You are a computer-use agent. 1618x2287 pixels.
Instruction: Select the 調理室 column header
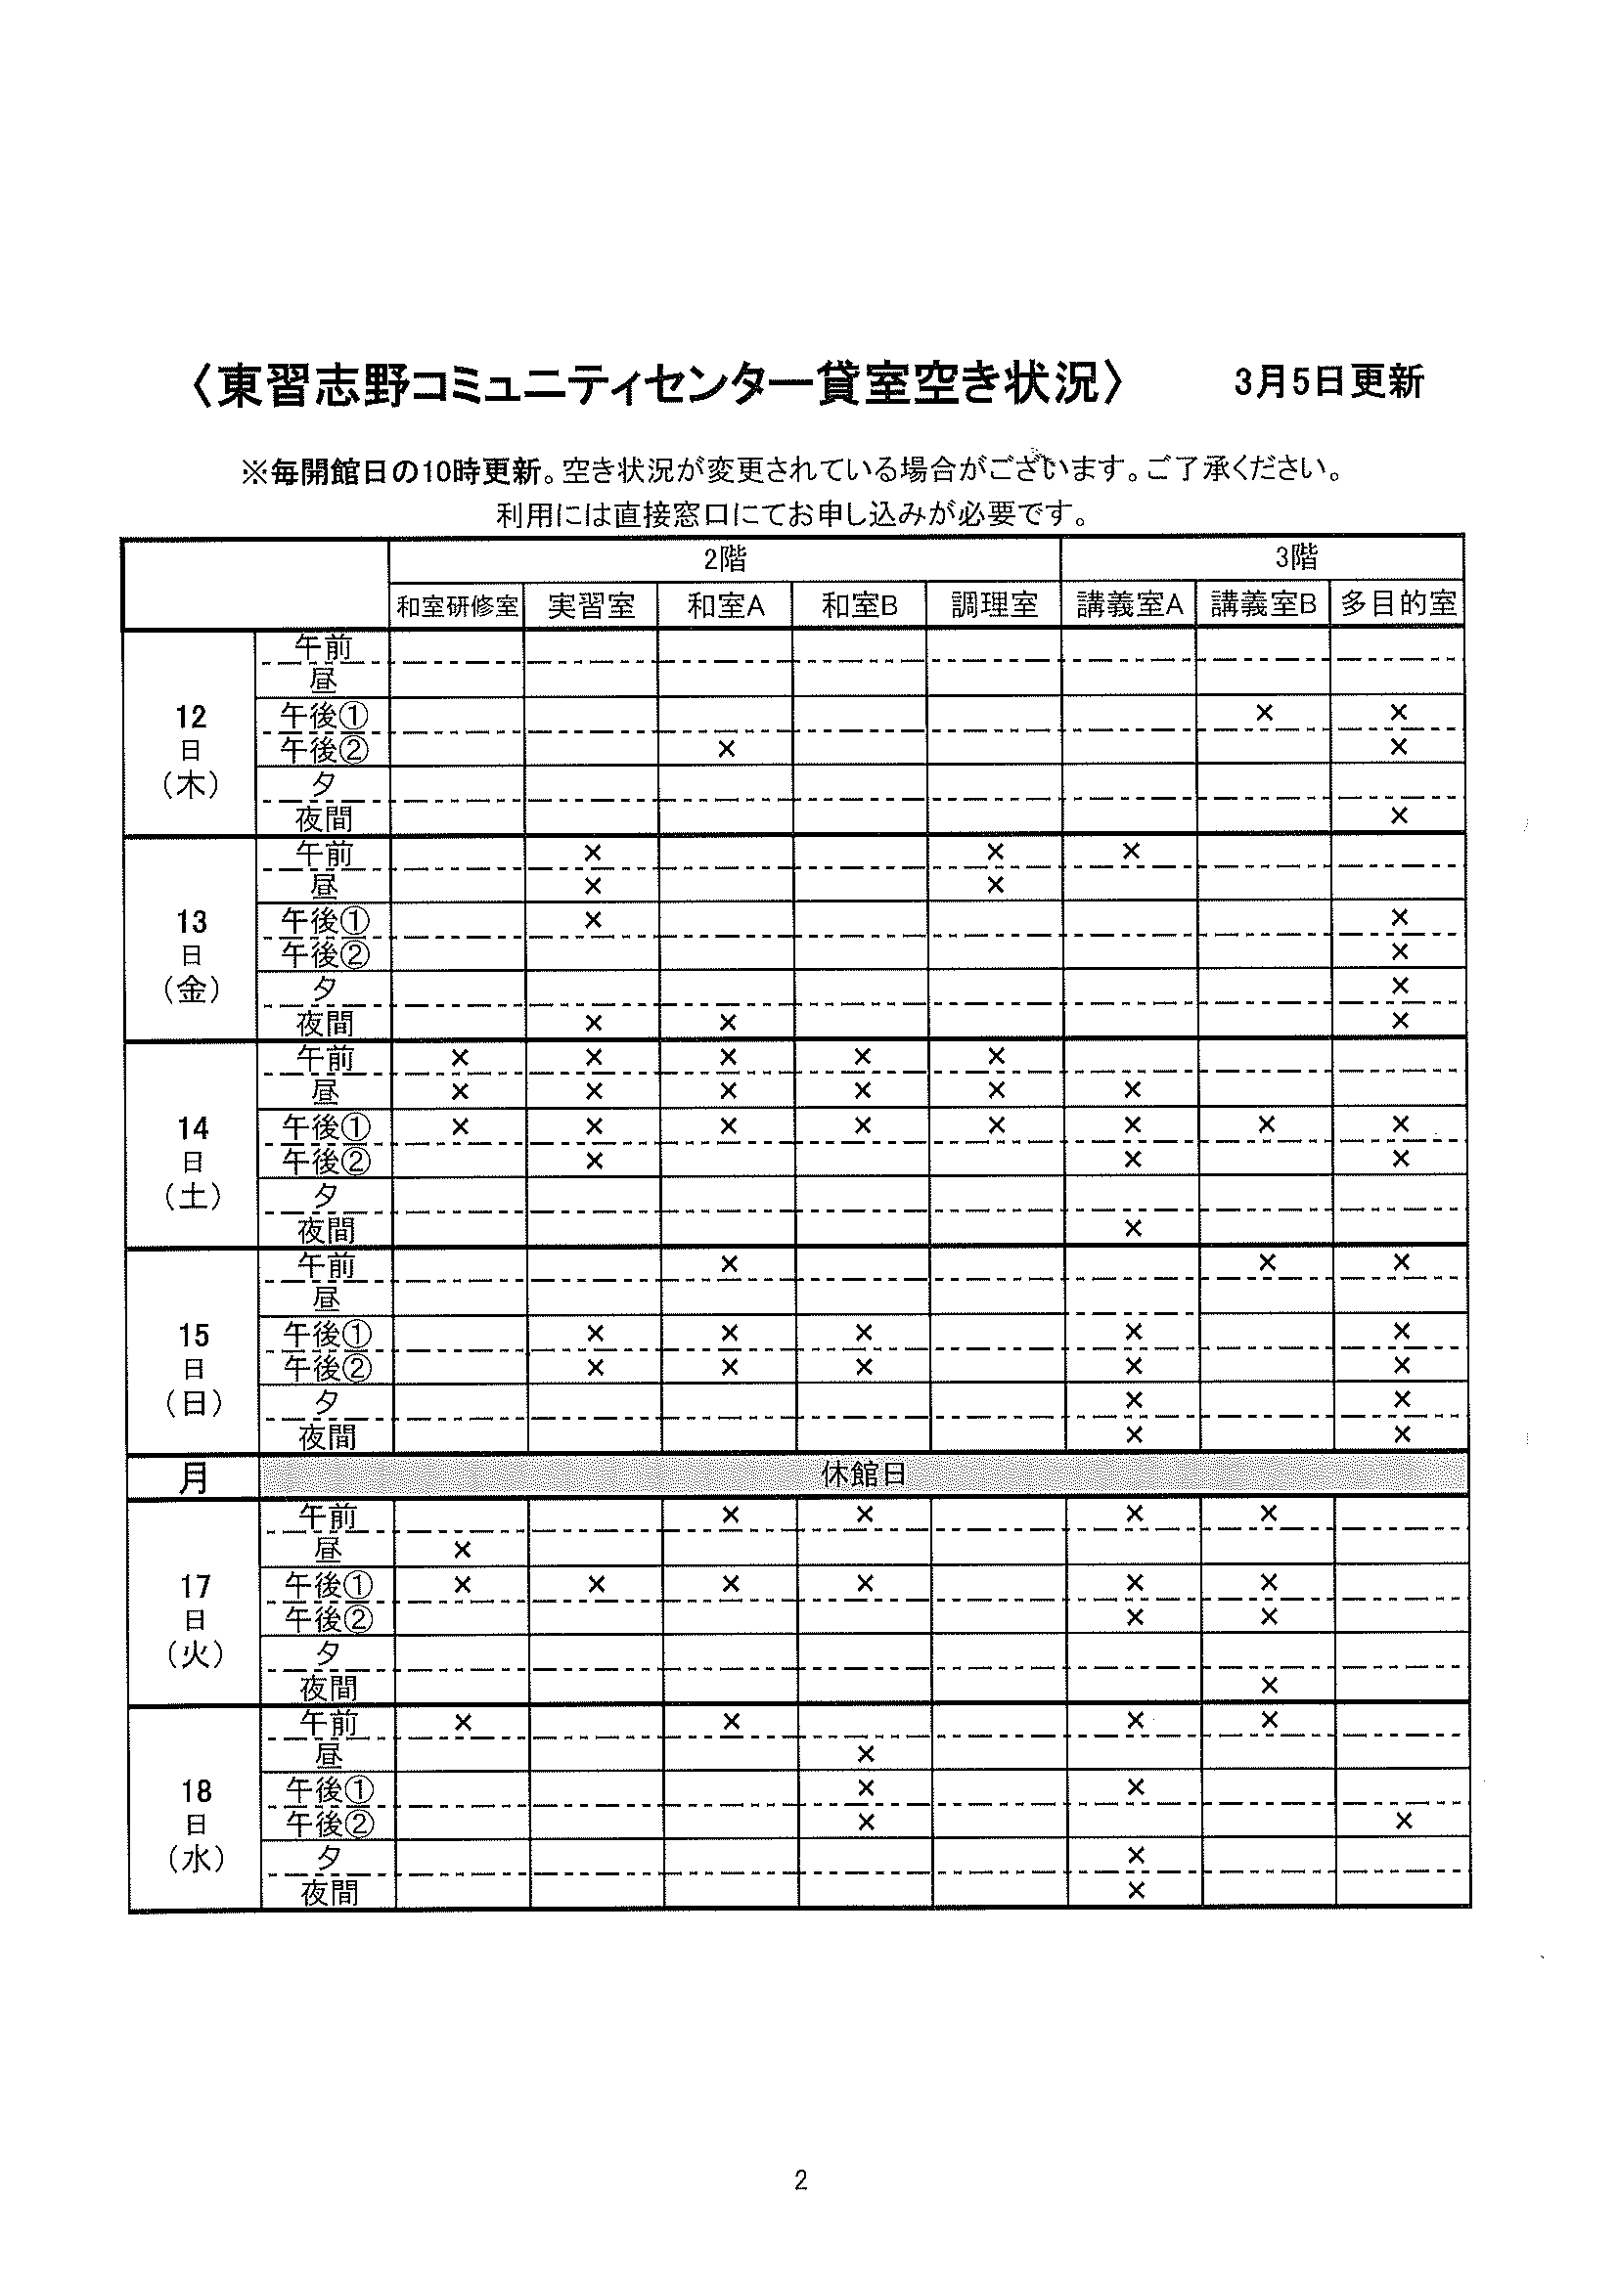tap(993, 604)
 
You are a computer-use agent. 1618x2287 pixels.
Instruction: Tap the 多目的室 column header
tap(1398, 602)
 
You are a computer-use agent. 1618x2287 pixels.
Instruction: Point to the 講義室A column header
tap(1129, 604)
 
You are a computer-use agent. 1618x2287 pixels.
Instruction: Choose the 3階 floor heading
tap(1295, 557)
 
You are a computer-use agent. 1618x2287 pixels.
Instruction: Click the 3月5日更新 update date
tap(1328, 382)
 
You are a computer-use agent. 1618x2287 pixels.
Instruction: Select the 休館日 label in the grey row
tap(863, 1474)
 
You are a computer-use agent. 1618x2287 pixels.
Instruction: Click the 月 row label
tap(194, 1477)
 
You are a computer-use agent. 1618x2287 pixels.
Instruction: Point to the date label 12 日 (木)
tap(191, 750)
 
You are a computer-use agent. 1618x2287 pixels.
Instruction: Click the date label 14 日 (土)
tap(194, 1162)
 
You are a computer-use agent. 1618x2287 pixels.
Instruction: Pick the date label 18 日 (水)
tap(197, 1824)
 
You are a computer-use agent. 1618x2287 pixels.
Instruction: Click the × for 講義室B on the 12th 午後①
tap(1264, 712)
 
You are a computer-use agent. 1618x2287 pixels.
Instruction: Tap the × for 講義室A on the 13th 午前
tap(1131, 852)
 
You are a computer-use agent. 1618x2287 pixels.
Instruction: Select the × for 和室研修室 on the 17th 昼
tap(462, 1550)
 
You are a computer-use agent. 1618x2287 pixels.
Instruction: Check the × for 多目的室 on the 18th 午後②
tap(1404, 1821)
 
